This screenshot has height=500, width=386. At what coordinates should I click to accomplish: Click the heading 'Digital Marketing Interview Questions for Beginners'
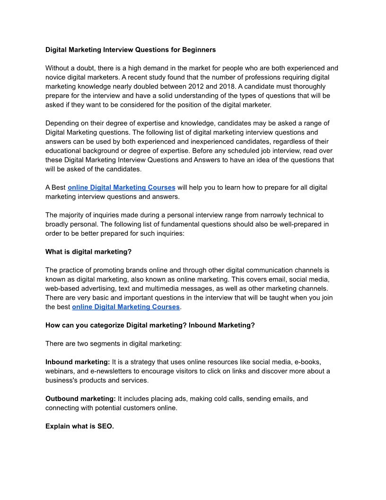pos(130,50)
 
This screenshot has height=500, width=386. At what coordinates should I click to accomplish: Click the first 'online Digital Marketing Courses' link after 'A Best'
pos(122,187)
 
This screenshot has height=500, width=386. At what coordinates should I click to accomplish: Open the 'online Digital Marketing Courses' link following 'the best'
pos(126,307)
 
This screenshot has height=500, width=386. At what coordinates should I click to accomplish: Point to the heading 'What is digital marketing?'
pos(88,252)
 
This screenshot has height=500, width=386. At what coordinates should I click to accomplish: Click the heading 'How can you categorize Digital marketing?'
pos(116,325)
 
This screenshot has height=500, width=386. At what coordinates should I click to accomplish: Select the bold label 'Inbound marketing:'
pos(78,362)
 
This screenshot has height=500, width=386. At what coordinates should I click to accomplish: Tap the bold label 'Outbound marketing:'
pos(80,399)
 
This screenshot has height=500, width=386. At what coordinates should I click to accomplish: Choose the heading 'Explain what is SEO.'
pos(79,426)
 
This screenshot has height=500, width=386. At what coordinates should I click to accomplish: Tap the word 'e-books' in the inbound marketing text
pos(307,362)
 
